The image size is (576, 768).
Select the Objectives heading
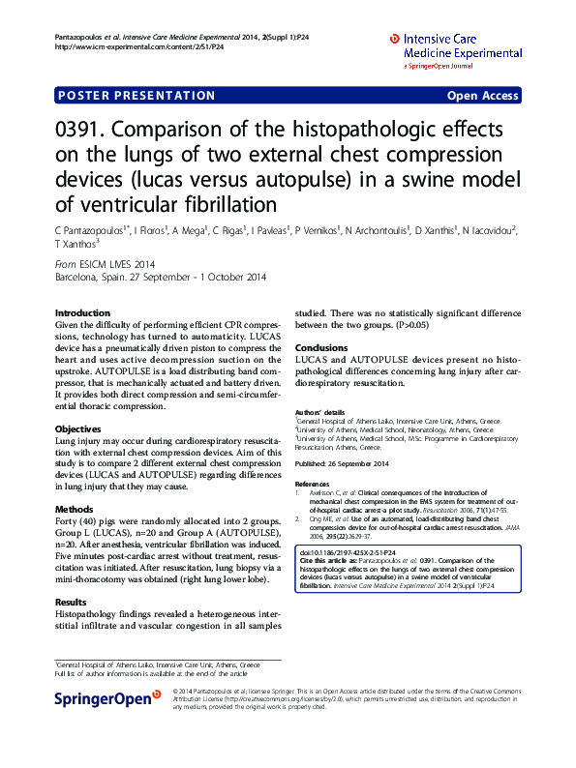[78, 428]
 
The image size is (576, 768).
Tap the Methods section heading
[75, 509]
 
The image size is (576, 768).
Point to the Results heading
[72, 602]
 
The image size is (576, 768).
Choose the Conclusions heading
[320, 347]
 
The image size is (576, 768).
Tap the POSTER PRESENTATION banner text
[137, 96]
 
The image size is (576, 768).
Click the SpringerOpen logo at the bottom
[106, 697]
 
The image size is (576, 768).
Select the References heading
[313, 483]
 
